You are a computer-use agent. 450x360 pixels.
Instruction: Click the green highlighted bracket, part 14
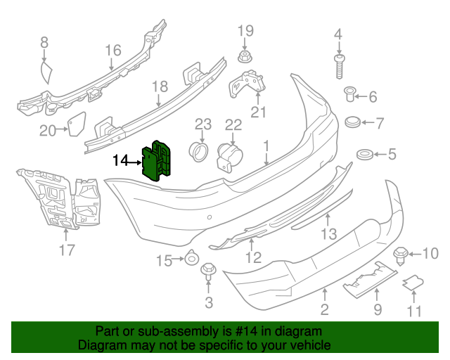pyautogui.click(x=160, y=160)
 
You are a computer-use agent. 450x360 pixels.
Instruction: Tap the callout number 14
pyautogui.click(x=120, y=161)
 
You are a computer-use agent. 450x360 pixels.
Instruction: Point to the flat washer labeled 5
pyautogui.click(x=364, y=153)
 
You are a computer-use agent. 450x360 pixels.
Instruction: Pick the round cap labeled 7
pyautogui.click(x=349, y=94)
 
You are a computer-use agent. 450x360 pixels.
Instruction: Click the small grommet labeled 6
pyautogui.click(x=353, y=123)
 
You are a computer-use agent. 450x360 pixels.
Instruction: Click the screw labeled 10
pyautogui.click(x=403, y=254)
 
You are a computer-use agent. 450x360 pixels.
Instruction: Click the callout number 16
pyautogui.click(x=113, y=50)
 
